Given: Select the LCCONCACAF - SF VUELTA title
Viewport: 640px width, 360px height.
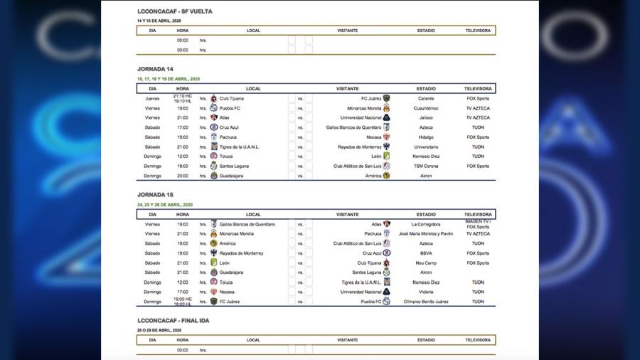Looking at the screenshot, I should (174, 11).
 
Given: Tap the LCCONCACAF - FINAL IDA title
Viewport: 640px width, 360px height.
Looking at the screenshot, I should (174, 321).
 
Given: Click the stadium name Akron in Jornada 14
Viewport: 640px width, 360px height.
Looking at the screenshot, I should (427, 176).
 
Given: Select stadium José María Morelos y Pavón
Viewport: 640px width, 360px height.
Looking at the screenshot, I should (427, 233).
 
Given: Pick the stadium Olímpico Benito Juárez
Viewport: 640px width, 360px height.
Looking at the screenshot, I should (427, 301).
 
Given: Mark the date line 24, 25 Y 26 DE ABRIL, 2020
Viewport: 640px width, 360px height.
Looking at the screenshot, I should (165, 205).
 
